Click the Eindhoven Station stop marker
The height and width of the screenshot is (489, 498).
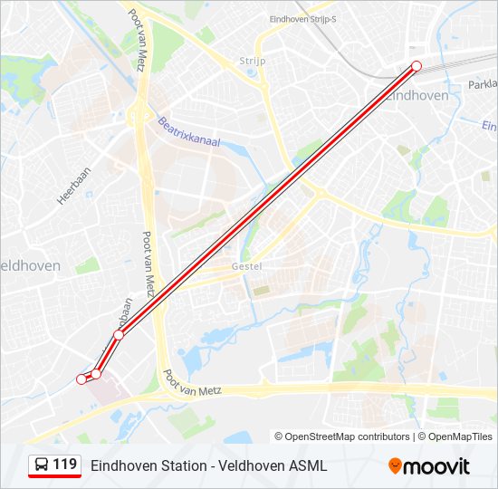pyautogui.click(x=417, y=65)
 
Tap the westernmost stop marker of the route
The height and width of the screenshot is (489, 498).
pyautogui.click(x=81, y=379)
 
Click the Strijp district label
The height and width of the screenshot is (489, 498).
pyautogui.click(x=251, y=61)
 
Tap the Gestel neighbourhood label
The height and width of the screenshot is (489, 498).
pyautogui.click(x=246, y=266)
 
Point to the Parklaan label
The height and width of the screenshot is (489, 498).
pyautogui.click(x=484, y=83)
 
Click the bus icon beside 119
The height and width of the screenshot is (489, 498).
pyautogui.click(x=42, y=465)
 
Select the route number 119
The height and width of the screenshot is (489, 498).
pyautogui.click(x=65, y=465)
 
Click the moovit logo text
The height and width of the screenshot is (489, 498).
pyautogui.click(x=437, y=466)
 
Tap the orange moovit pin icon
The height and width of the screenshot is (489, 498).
pyautogui.click(x=395, y=465)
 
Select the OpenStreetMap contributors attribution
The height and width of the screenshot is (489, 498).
pyautogui.click(x=342, y=436)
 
